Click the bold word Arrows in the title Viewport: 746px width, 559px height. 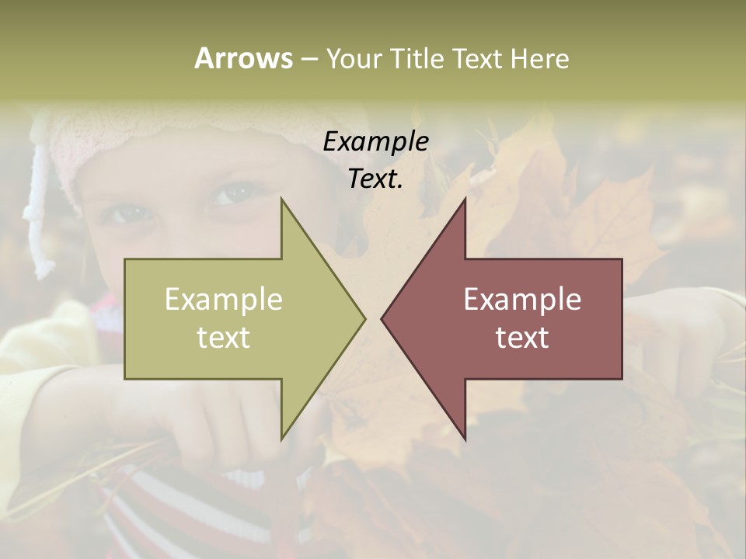243,58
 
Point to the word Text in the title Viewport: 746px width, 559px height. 479,58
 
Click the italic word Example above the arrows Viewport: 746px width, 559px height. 375,142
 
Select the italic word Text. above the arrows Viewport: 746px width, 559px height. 375,179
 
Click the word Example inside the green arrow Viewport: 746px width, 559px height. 223,300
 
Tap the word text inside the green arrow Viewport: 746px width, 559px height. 223,338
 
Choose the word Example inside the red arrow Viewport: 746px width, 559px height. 522,300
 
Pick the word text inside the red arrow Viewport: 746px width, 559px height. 522,338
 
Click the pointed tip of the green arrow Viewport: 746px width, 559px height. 363,318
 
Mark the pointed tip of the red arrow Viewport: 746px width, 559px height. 383,318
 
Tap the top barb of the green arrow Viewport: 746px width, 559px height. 284,203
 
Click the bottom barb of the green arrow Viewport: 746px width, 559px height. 284,435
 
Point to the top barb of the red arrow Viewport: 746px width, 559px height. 463,203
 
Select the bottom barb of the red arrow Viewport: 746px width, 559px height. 463,435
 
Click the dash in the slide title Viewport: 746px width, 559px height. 309,59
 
